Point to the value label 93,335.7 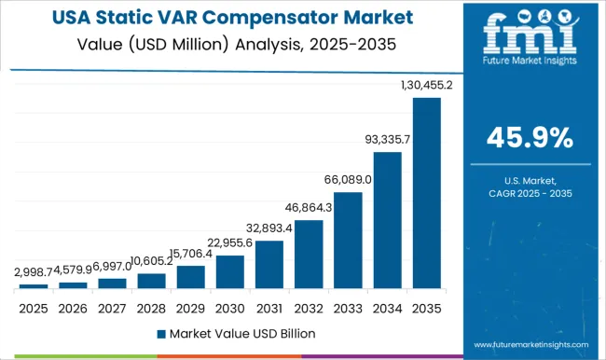coord(387,141)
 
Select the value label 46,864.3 coord(309,208)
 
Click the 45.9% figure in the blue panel coord(530,138)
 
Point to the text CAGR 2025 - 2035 coord(530,192)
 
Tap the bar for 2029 coord(190,277)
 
